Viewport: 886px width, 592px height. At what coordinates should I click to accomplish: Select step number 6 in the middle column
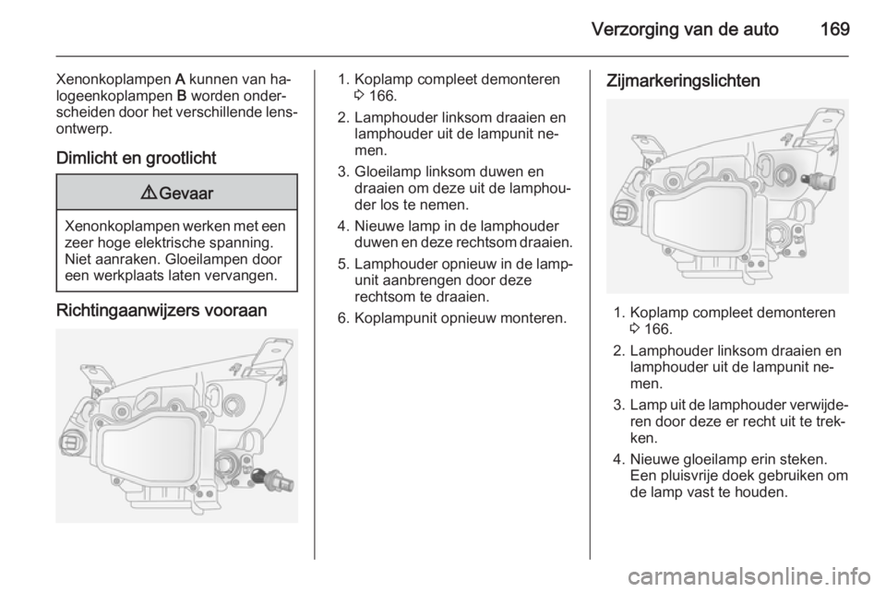341,318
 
